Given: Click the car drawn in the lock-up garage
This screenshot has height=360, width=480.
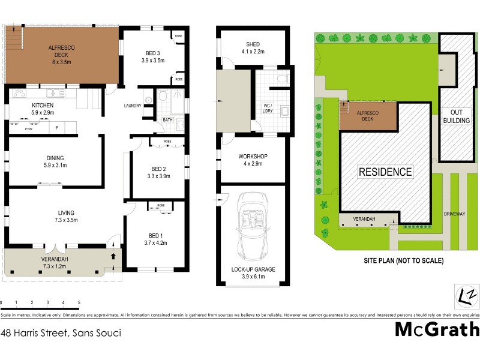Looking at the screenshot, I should click(x=252, y=224).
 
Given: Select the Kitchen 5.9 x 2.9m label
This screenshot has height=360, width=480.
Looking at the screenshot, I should click(x=43, y=109).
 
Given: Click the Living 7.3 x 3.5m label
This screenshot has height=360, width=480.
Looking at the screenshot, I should click(x=66, y=216).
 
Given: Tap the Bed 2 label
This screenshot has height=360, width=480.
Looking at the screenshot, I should click(x=159, y=172).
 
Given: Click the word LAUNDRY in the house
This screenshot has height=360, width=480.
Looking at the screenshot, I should click(x=133, y=106).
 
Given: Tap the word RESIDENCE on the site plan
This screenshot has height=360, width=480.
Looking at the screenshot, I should click(x=385, y=172).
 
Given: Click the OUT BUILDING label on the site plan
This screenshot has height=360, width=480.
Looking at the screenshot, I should click(x=456, y=116).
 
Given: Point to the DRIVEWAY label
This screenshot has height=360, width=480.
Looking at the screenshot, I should click(x=455, y=214).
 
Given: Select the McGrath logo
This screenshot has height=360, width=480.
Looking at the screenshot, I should click(x=437, y=329).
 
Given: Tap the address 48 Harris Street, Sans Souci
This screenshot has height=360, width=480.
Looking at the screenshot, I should click(x=61, y=332).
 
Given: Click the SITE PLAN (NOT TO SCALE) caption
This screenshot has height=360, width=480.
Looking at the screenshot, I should click(x=403, y=261).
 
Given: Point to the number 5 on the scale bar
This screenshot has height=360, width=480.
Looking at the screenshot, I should click(x=79, y=302).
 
